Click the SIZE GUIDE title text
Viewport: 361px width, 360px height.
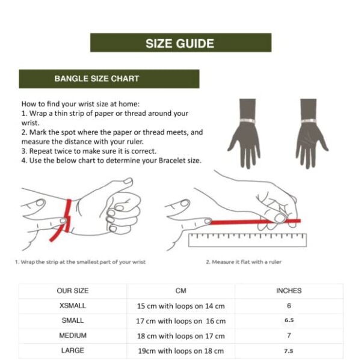pyautogui.click(x=180, y=43)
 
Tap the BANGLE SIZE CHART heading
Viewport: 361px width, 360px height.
pyautogui.click(x=97, y=79)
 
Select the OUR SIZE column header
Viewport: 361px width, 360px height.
pyautogui.click(x=73, y=291)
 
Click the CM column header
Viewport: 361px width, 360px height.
pyautogui.click(x=180, y=291)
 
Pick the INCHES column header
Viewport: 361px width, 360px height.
pyautogui.click(x=289, y=291)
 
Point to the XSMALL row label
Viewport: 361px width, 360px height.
pyautogui.click(x=73, y=305)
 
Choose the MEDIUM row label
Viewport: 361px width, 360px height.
pyautogui.click(x=73, y=335)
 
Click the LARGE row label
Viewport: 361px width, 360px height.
pyautogui.click(x=73, y=350)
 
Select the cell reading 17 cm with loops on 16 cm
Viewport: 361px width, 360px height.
pyautogui.click(x=180, y=321)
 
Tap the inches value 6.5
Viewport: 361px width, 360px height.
pyautogui.click(x=289, y=320)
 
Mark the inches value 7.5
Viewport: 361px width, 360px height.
pyautogui.click(x=289, y=351)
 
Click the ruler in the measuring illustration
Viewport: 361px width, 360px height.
pyautogui.click(x=247, y=240)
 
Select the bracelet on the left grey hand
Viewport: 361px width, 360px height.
pyautogui.click(x=248, y=121)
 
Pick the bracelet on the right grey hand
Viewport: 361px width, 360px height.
pyautogui.click(x=309, y=121)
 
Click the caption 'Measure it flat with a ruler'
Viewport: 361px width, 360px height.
pyautogui.click(x=244, y=262)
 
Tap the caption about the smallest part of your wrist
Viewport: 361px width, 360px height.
pyautogui.click(x=81, y=262)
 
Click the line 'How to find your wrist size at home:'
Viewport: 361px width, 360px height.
pyautogui.click(x=81, y=104)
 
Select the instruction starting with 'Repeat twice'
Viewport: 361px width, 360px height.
pyautogui.click(x=89, y=151)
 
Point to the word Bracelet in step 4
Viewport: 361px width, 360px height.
pyautogui.click(x=172, y=160)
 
